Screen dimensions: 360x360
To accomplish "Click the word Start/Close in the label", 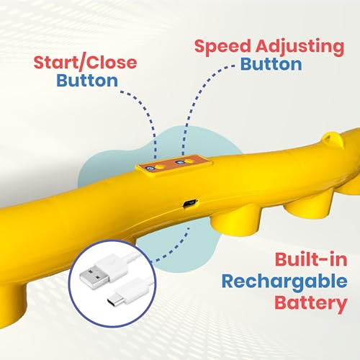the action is coord(85,63).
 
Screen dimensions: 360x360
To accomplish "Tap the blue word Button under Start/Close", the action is coord(87,81).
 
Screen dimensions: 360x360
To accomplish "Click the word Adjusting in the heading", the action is coord(300,47).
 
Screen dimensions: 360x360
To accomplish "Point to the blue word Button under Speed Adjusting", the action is coord(271,64).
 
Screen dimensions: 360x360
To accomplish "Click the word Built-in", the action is coord(311,260).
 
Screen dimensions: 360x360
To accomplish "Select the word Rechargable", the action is coord(284,282).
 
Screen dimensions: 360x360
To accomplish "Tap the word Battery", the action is coord(311,303).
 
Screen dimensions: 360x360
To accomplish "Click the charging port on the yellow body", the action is coord(190,203).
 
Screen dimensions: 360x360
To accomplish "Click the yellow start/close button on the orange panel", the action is coord(160,167).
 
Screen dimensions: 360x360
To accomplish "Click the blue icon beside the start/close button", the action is coord(150,168).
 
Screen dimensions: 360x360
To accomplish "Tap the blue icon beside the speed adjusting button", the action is coord(179,162).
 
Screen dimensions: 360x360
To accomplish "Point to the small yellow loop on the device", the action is coord(333,139).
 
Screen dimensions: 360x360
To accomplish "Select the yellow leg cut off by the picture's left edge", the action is coord(12,300).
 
